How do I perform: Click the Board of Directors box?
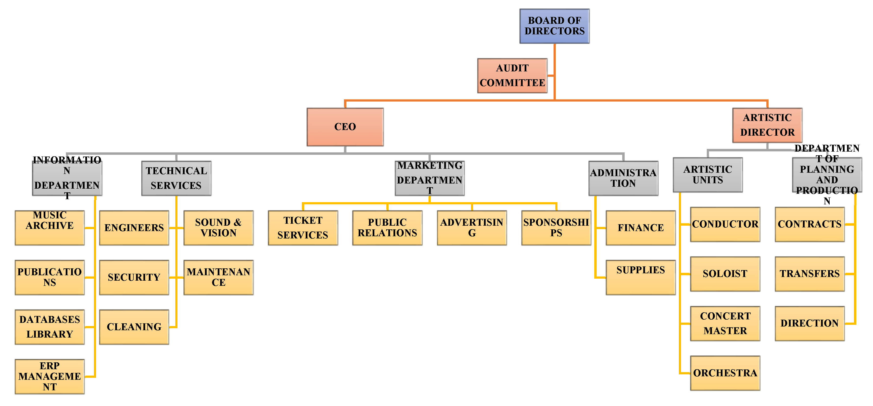point(555,26)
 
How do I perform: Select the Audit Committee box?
point(512,76)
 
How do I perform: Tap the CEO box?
point(345,127)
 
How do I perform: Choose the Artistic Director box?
point(767,125)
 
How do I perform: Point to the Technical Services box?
point(176,178)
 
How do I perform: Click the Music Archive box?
point(50,228)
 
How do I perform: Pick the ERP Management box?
point(50,377)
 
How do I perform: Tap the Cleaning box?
point(134,327)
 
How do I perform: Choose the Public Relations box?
point(387,228)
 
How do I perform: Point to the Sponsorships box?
point(556,228)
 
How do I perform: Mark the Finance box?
point(641,228)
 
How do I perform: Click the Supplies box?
point(641,277)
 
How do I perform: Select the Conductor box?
point(725,224)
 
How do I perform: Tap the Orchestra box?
point(725,373)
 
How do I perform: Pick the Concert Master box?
point(725,324)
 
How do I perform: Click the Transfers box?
point(810,274)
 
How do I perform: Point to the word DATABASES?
point(50,319)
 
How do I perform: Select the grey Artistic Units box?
point(708,175)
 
